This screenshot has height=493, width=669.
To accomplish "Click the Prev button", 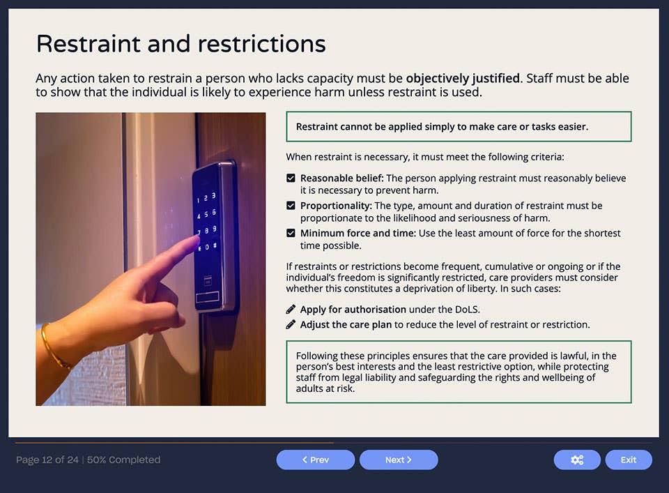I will coord(315,460).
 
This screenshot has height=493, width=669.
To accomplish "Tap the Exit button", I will coord(628,460).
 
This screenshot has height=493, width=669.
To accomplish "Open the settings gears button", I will coord(576,460).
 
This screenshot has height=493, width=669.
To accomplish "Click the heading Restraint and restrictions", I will coord(180,44).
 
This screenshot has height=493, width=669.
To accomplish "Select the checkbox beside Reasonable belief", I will coord(291,179).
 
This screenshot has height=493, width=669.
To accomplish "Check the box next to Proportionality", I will coord(291,206).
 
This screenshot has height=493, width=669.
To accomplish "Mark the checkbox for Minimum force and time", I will coord(291,233).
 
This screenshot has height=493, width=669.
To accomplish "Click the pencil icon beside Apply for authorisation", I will coord(291,309).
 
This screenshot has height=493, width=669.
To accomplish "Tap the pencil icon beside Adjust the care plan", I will coord(291,324).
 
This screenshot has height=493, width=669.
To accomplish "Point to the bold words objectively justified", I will coord(463,78).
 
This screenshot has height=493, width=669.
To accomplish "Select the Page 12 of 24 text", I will coord(47,460).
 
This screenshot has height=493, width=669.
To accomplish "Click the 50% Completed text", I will coord(123,460).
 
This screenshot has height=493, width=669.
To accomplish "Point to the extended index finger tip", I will coord(196,243).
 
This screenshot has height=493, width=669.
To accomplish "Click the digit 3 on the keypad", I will coord(213,196).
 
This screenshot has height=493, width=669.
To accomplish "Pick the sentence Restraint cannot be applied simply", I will coord(442,127).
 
